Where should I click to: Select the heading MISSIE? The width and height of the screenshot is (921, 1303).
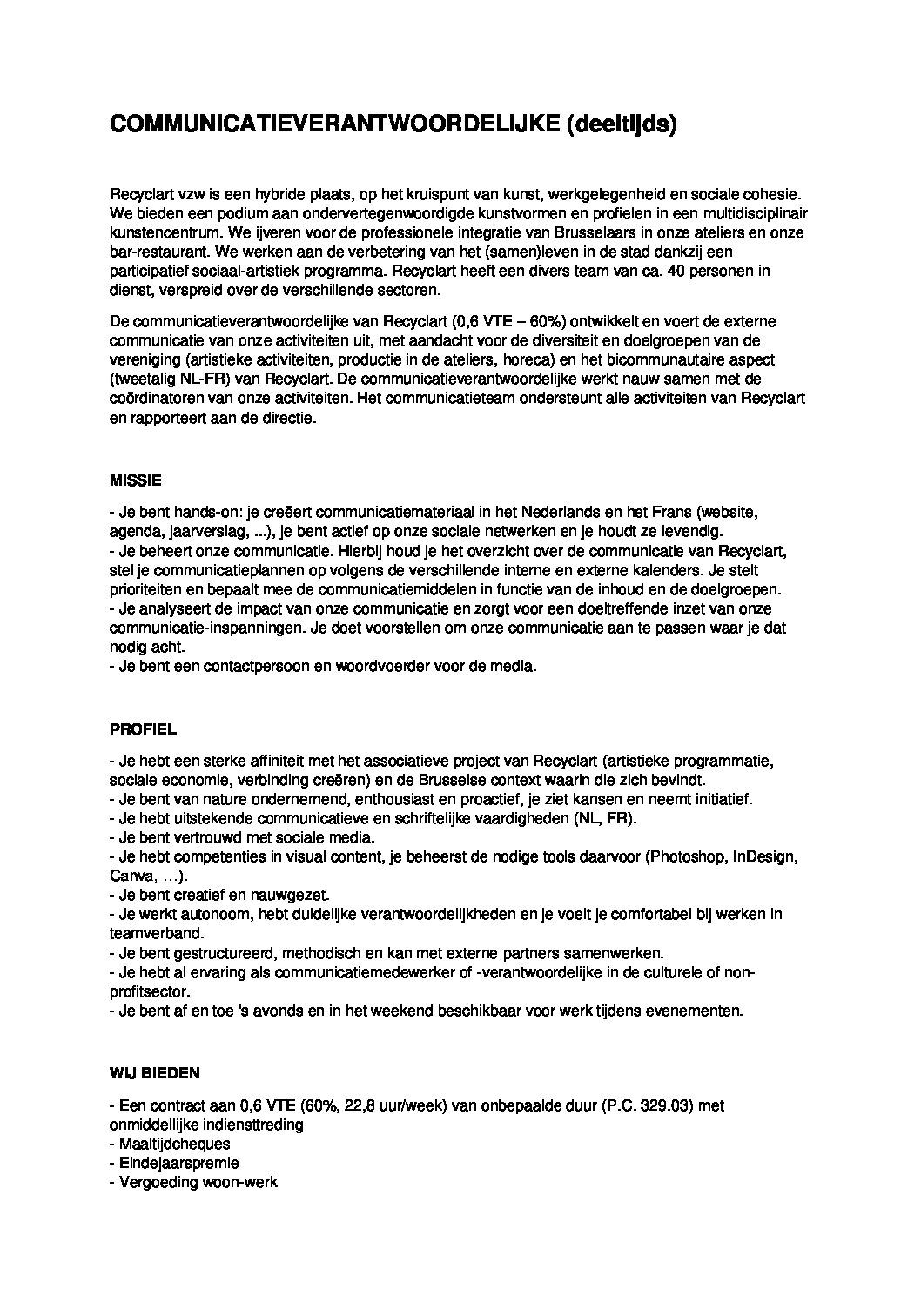pos(136,480)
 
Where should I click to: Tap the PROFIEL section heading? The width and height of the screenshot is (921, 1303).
pos(143,729)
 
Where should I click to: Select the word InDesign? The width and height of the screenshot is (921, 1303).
pos(763,856)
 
